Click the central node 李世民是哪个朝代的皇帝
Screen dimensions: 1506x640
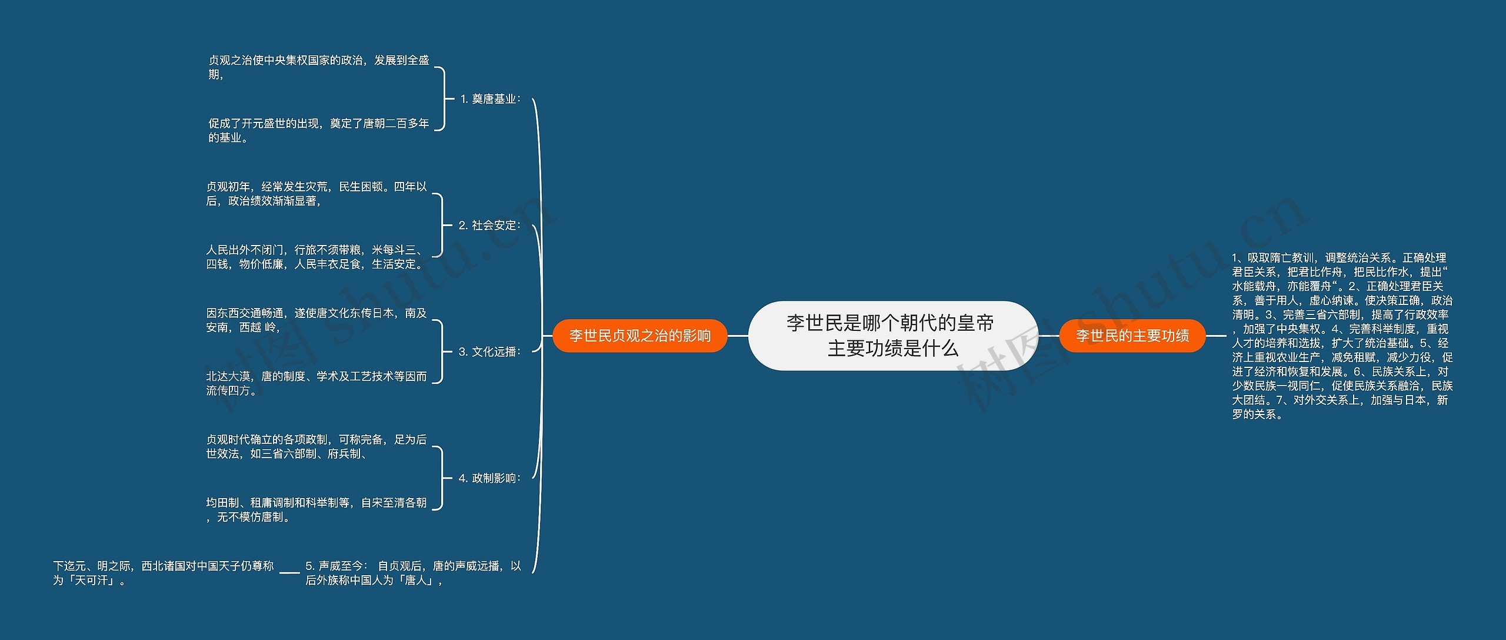(x=892, y=336)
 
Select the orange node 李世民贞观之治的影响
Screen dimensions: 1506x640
(x=640, y=336)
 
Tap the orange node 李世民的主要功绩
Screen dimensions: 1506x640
(x=1132, y=336)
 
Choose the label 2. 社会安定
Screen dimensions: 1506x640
(x=489, y=226)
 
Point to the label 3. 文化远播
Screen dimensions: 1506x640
(x=489, y=352)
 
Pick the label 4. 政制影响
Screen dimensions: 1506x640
(x=489, y=478)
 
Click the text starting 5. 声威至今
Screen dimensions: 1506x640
(x=413, y=573)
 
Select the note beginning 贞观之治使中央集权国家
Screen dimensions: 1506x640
(x=319, y=67)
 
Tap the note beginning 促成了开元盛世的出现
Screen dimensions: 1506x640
(x=319, y=130)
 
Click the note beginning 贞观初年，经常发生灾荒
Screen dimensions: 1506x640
(x=316, y=194)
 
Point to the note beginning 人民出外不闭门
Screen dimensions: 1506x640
(x=316, y=257)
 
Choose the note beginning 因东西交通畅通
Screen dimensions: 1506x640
(x=316, y=320)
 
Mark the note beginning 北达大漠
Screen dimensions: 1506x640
(x=316, y=383)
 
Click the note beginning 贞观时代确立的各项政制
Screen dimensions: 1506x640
(x=316, y=446)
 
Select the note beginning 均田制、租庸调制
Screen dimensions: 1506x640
(x=316, y=510)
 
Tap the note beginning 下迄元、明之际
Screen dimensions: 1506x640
(x=164, y=573)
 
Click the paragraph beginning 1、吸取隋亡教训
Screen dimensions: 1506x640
(x=1342, y=336)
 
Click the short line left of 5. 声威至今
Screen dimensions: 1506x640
(x=290, y=572)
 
